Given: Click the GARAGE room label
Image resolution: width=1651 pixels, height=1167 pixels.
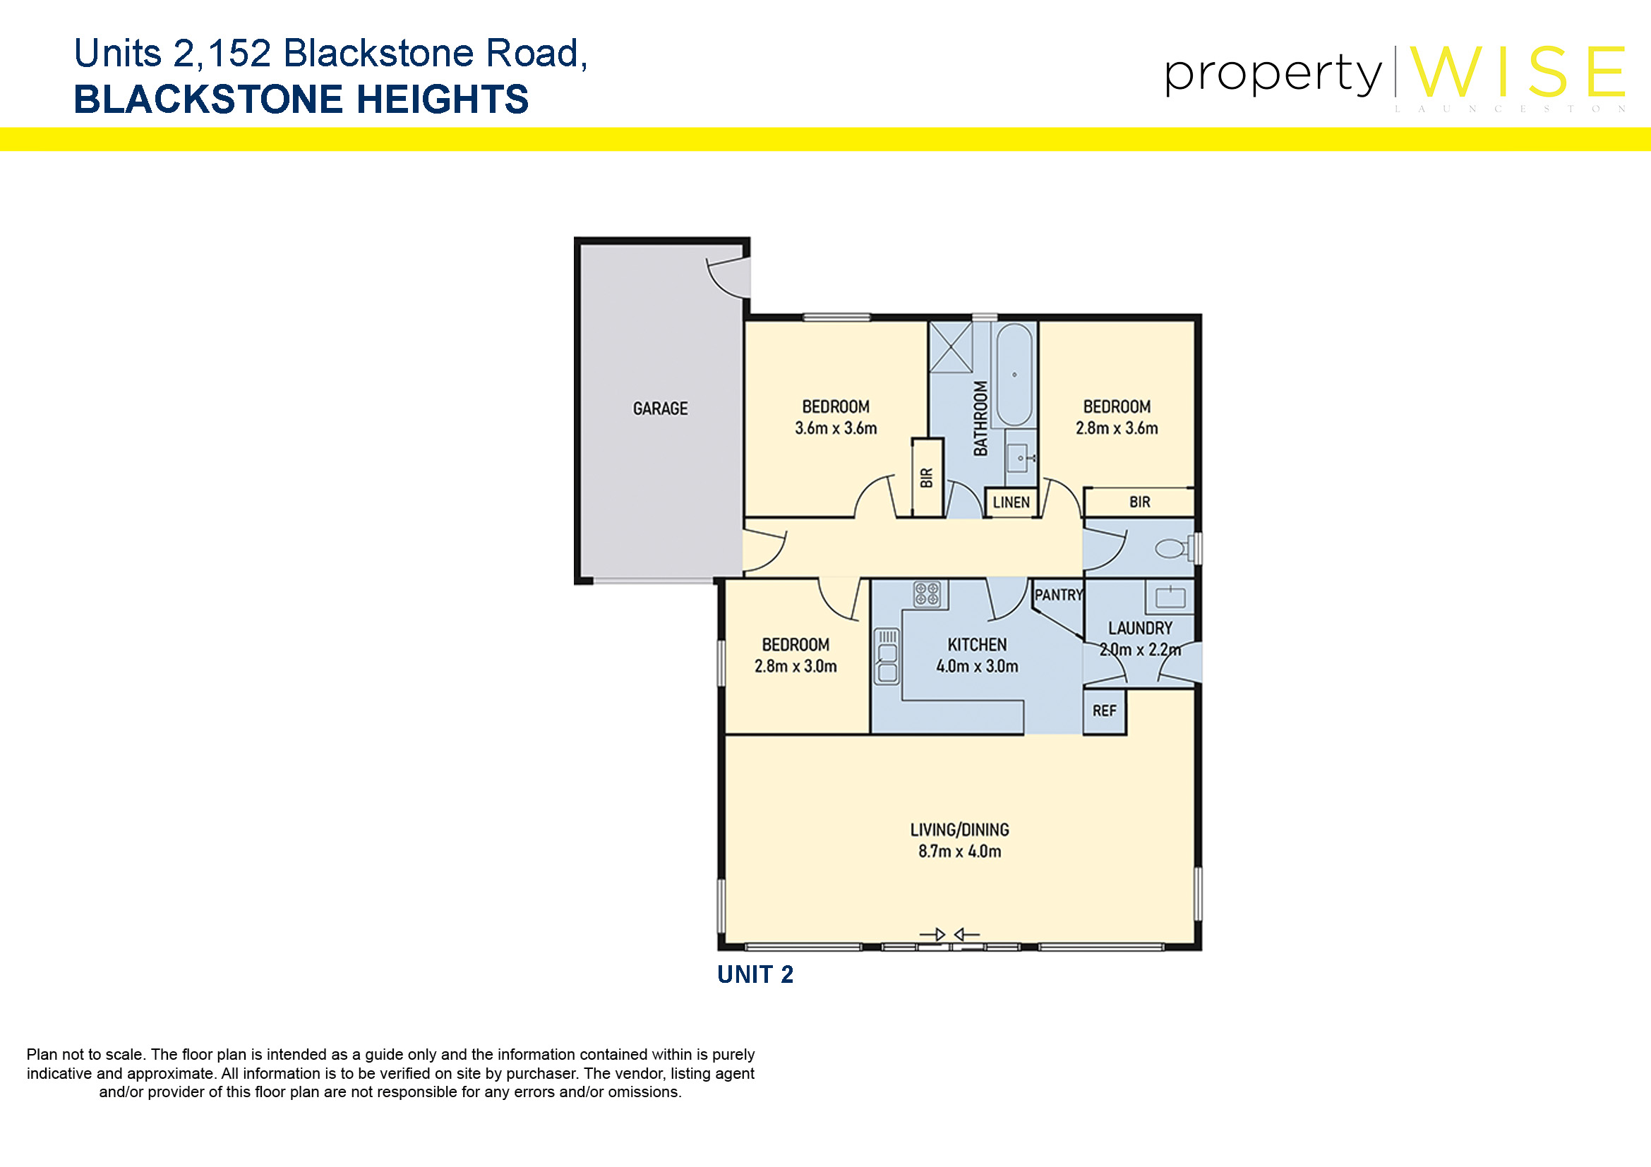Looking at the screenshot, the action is point(660,409).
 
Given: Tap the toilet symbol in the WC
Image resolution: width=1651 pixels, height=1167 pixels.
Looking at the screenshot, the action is point(1175,549).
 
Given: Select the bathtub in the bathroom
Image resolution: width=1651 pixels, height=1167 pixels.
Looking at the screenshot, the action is point(1014,375).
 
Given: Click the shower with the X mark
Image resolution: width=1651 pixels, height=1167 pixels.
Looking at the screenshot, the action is point(951,347).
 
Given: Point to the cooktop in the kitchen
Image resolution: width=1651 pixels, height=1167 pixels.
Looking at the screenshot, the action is point(927,594).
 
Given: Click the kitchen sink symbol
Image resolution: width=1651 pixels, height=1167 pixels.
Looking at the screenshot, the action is point(887,657).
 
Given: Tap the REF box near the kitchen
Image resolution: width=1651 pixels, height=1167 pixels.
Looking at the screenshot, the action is point(1105,711).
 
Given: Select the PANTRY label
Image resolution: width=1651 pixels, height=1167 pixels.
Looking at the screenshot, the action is point(1059,595).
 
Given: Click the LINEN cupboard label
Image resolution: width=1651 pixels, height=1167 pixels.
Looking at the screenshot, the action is point(1011,502).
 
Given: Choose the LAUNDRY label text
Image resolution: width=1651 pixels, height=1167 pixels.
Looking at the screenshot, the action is point(1141,628).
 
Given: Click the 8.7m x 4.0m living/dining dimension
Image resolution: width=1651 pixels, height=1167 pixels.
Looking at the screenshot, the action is point(959,852).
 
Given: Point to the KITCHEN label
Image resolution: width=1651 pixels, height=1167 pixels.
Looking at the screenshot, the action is point(977,645).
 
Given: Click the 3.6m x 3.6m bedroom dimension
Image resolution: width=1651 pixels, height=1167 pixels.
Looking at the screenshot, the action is point(836,428).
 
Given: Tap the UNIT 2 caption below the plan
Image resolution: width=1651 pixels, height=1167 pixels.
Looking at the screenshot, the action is point(755,974).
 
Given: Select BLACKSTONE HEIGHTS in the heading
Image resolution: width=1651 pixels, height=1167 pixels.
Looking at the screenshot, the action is point(301,99).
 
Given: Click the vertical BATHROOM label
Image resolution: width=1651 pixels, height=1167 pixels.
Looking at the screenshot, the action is point(980,418).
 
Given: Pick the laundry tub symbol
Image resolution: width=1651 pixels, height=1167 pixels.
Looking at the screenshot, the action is point(1170,597).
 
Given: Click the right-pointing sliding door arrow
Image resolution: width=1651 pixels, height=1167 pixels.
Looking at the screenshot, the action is point(932,935).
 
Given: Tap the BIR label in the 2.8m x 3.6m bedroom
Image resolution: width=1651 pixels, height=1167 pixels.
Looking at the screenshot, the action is point(1140,502).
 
